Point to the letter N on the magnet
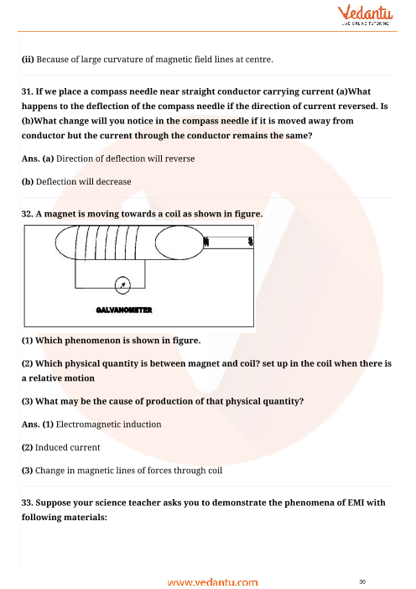(x=205, y=243)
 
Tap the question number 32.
(x=28, y=214)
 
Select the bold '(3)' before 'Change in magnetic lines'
(x=26, y=470)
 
